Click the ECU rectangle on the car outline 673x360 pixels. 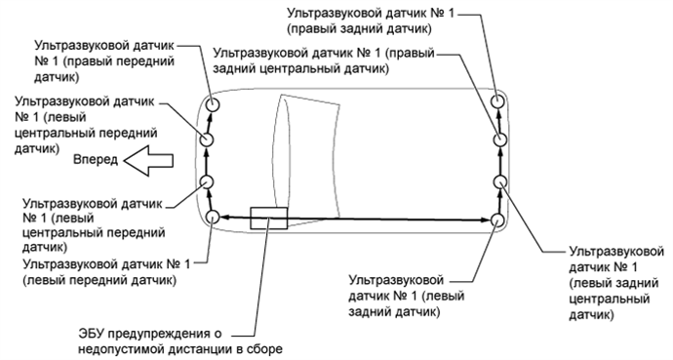[267, 218]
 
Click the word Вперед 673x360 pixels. [95, 158]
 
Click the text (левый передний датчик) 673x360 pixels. [101, 281]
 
